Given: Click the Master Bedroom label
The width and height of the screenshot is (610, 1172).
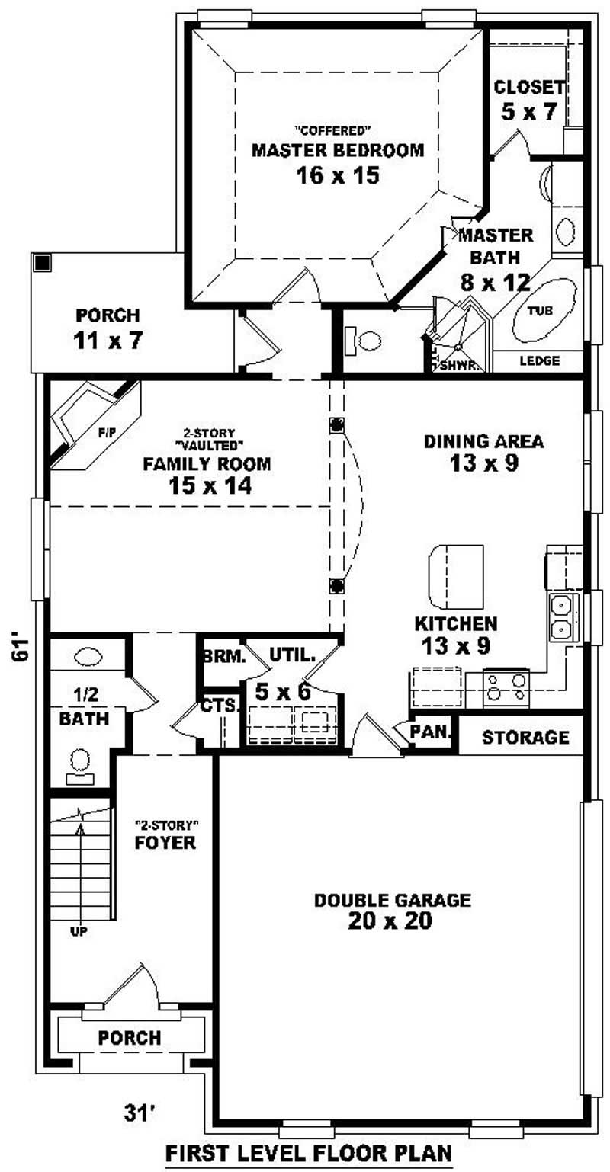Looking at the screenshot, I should point(337,150).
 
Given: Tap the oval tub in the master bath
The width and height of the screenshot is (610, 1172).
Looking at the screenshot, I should point(544,310).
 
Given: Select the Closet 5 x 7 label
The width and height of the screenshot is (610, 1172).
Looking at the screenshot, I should point(529,99).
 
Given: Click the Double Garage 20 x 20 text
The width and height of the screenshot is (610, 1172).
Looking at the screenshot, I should point(392,911).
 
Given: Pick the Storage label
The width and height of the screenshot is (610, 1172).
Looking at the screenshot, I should point(525,737).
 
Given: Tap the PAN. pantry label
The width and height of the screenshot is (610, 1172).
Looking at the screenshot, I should point(432,732).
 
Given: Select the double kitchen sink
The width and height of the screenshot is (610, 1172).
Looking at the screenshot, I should point(561,617).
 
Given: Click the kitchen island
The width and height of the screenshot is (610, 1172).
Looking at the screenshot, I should point(457,573).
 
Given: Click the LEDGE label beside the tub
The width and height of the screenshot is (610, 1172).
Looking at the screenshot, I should point(539,360).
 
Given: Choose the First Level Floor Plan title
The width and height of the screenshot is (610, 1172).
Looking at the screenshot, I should point(309,1151).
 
